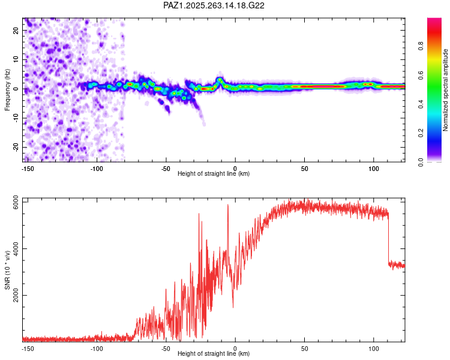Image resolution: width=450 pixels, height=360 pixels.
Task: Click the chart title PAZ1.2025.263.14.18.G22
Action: click(x=214, y=5)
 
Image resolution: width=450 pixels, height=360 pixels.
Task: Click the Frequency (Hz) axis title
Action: click(x=7, y=89)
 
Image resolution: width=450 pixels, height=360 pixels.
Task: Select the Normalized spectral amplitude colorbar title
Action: click(x=445, y=91)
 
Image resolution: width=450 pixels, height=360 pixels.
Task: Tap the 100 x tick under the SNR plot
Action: click(x=374, y=348)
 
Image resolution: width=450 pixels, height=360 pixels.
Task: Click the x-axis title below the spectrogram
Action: click(x=214, y=174)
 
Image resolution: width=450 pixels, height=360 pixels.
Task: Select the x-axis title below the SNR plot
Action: click(x=214, y=354)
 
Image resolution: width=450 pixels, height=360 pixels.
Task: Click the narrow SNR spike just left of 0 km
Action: click(x=228, y=207)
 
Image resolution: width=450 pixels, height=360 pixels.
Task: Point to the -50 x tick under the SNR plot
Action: click(x=166, y=348)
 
